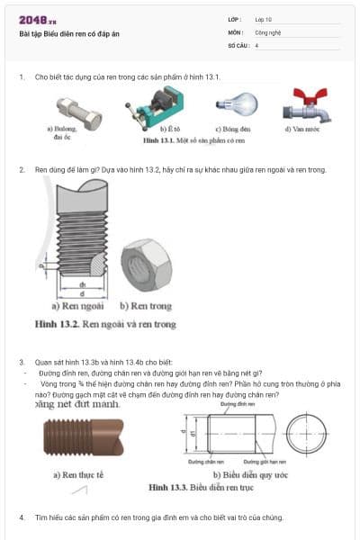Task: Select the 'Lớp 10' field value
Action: [x=265, y=19]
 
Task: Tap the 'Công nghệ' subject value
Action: [x=269, y=31]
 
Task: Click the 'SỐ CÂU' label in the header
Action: [x=237, y=44]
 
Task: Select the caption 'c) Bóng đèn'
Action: [x=232, y=130]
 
